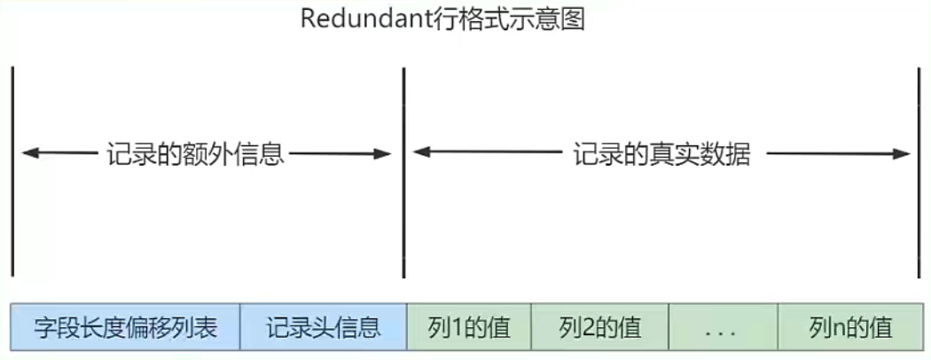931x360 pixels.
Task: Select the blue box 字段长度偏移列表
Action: [x=125, y=327]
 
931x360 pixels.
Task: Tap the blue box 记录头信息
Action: [x=323, y=327]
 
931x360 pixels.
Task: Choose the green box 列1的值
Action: [x=469, y=327]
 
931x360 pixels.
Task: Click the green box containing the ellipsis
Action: [x=724, y=327]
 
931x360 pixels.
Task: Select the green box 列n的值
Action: [x=850, y=327]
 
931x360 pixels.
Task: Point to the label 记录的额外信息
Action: [x=194, y=154]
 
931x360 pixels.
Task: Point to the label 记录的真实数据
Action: [x=662, y=154]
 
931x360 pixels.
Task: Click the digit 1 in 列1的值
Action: [x=460, y=328]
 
